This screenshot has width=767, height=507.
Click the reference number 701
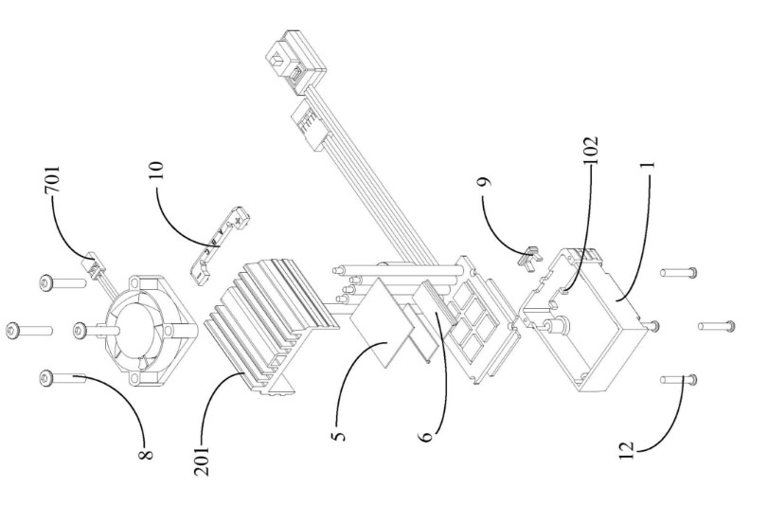52,180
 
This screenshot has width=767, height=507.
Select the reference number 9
484,182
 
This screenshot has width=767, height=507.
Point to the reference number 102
591,150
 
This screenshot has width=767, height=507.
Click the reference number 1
650,166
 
